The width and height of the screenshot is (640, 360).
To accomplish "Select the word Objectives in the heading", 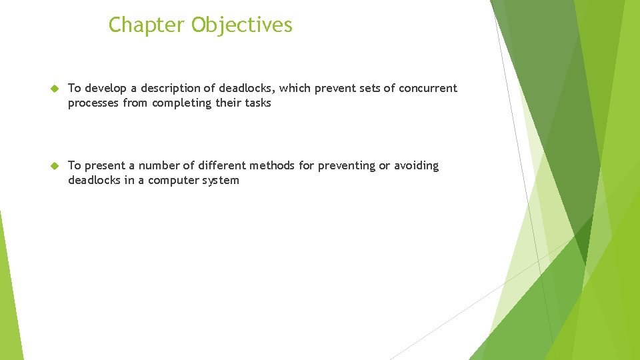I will (242, 25).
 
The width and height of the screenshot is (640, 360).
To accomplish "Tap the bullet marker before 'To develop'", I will (55, 89).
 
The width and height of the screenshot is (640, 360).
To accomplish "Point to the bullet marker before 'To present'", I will (55, 166).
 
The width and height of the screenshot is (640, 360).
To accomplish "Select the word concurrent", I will (428, 88).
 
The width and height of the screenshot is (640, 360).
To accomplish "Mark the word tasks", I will (257, 103).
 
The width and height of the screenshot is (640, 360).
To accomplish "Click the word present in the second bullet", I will (104, 166).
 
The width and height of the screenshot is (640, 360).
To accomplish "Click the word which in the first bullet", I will (295, 88).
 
